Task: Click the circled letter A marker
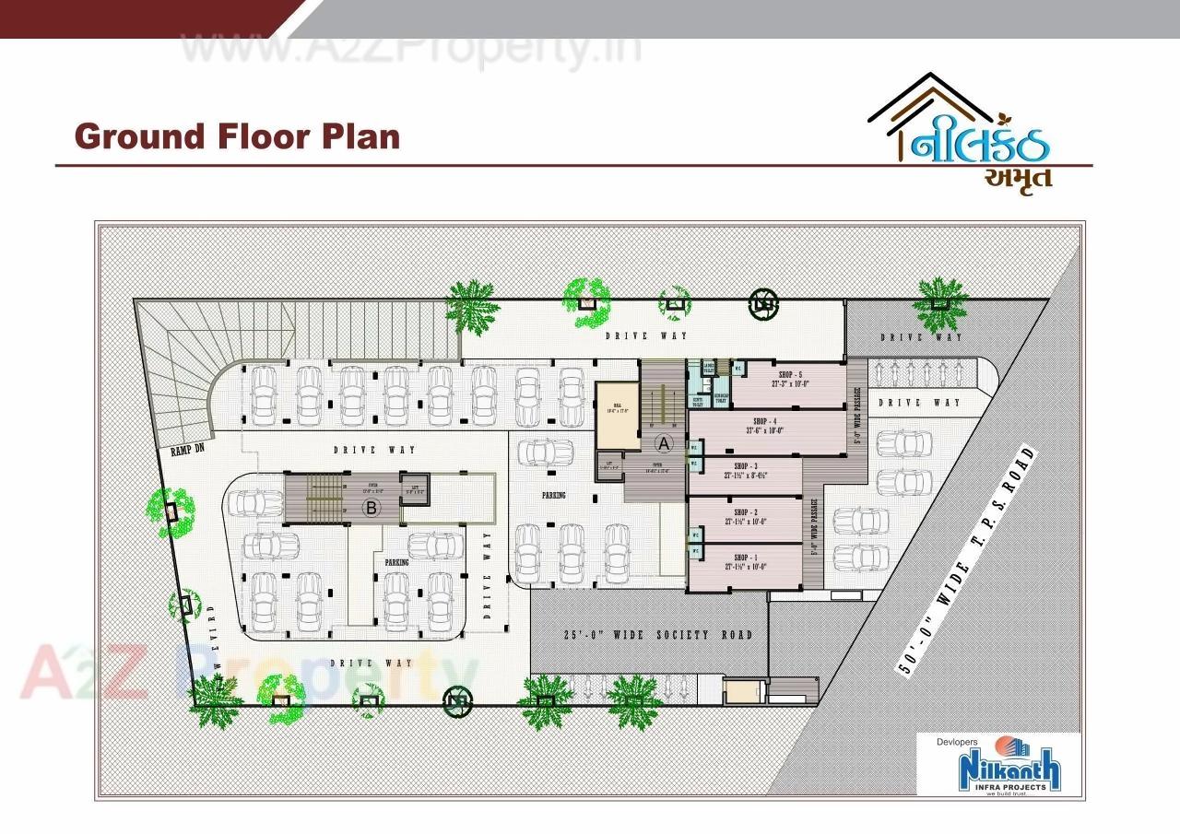coord(662,443)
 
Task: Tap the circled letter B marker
coord(372,507)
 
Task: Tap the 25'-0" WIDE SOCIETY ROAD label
coord(657,635)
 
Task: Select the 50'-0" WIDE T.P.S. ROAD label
coord(967,563)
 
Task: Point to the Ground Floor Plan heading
coord(237,136)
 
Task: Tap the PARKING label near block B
coord(396,561)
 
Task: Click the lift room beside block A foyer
coord(608,465)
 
